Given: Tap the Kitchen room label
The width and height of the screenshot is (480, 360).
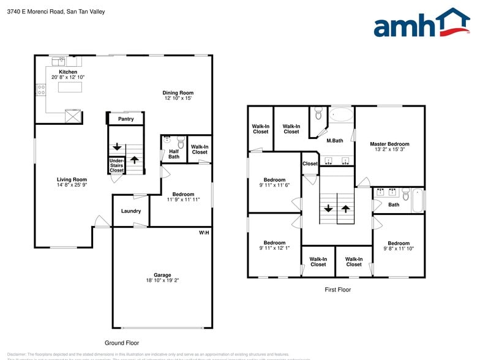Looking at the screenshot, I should click(68, 72).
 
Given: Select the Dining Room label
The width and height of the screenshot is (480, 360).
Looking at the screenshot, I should click(178, 93).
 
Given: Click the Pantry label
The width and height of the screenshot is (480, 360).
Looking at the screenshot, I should click(126, 119).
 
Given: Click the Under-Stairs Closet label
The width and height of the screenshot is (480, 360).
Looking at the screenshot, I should click(116, 165).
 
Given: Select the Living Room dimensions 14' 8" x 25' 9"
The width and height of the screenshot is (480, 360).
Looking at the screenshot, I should click(72, 185).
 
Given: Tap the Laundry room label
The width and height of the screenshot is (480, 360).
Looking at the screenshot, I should click(131, 211).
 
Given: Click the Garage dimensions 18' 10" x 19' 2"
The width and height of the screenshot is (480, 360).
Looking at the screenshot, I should click(162, 280).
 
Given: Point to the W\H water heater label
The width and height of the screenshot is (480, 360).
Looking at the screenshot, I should click(204, 233).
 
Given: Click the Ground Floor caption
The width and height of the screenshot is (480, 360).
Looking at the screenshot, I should click(122, 343).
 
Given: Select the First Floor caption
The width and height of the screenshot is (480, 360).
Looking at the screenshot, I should click(337, 290).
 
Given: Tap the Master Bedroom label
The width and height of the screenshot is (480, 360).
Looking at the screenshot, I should click(389, 144).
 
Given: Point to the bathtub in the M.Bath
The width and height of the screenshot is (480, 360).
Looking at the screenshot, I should click(341, 114).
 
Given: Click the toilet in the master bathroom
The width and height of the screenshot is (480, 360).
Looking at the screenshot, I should click(318, 114).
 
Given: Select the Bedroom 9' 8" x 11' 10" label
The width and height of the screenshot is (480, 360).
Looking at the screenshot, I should click(398, 243).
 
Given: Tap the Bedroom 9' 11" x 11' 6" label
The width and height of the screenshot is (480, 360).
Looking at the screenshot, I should click(274, 180).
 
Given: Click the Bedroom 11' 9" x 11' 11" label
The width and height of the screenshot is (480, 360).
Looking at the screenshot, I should click(183, 195).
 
